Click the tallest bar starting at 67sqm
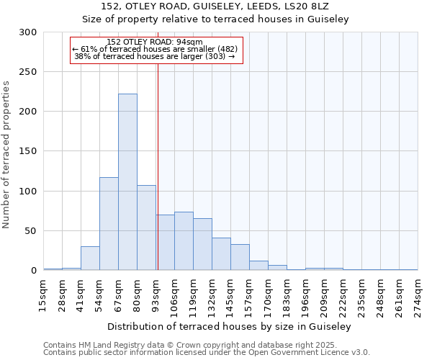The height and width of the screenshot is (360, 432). tap(127, 182)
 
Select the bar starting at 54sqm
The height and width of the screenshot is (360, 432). tap(109, 223)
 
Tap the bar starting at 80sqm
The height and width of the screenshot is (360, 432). tap(146, 228)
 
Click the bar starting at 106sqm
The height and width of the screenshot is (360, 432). tap(184, 241)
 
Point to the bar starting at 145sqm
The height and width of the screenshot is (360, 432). tap(240, 257)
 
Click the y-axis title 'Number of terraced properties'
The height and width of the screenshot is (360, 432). tap(6, 154)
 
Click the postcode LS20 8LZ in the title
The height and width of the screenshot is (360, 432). tap(310, 6)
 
